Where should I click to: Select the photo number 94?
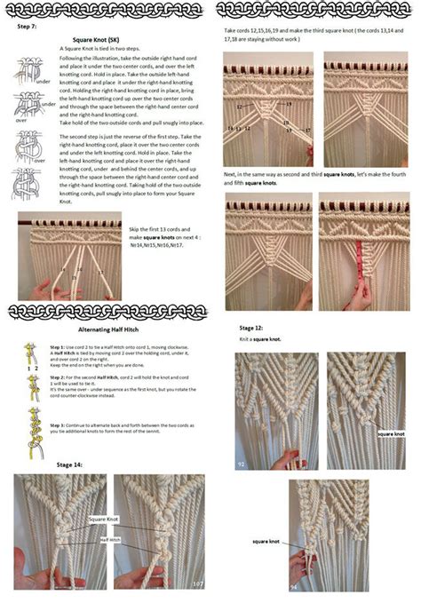tap(294, 587)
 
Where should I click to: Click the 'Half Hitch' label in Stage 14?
tap(110, 539)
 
